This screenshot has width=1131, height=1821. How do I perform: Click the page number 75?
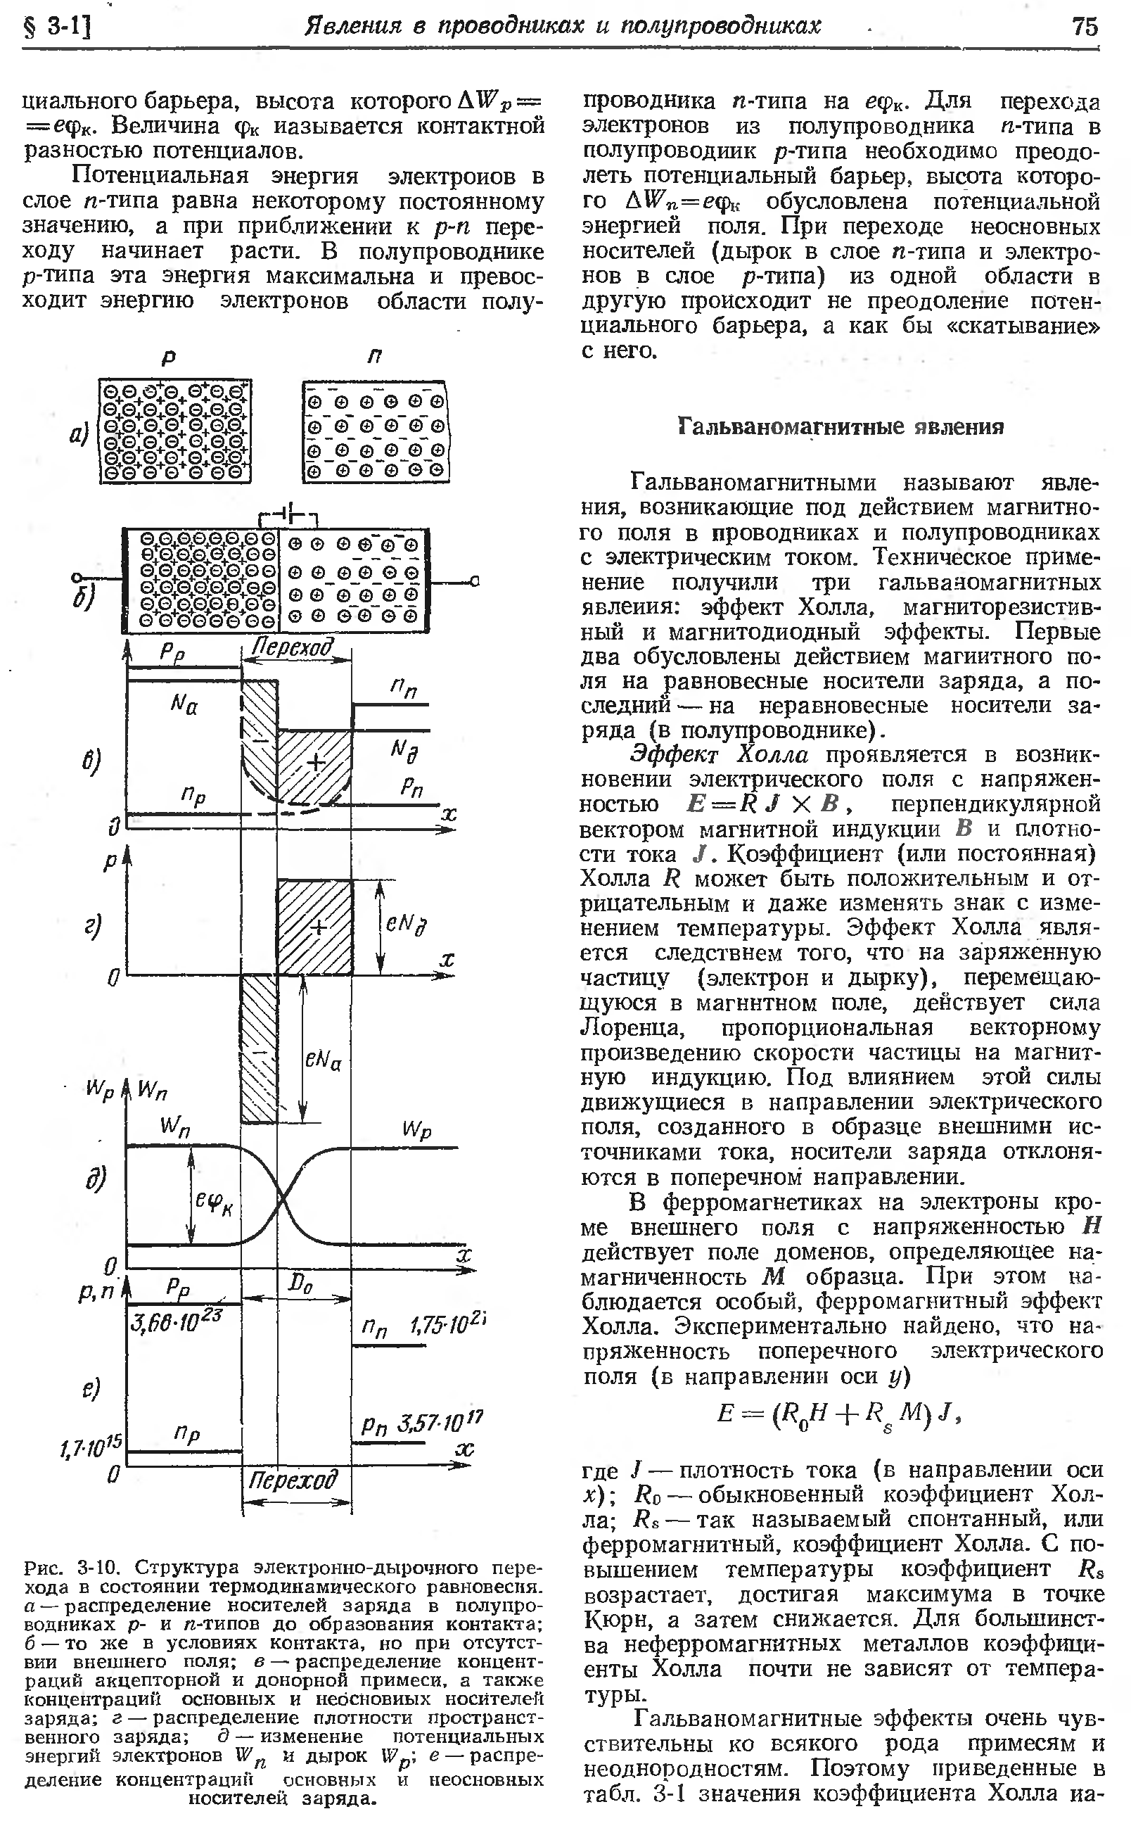coord(1085,27)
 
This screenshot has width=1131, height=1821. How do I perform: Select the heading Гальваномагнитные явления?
coord(841,427)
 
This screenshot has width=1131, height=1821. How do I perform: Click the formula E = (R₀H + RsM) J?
coord(838,1412)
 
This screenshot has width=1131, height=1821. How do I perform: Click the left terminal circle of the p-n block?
coord(75,578)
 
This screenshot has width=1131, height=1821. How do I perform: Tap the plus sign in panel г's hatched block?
coord(319,927)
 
